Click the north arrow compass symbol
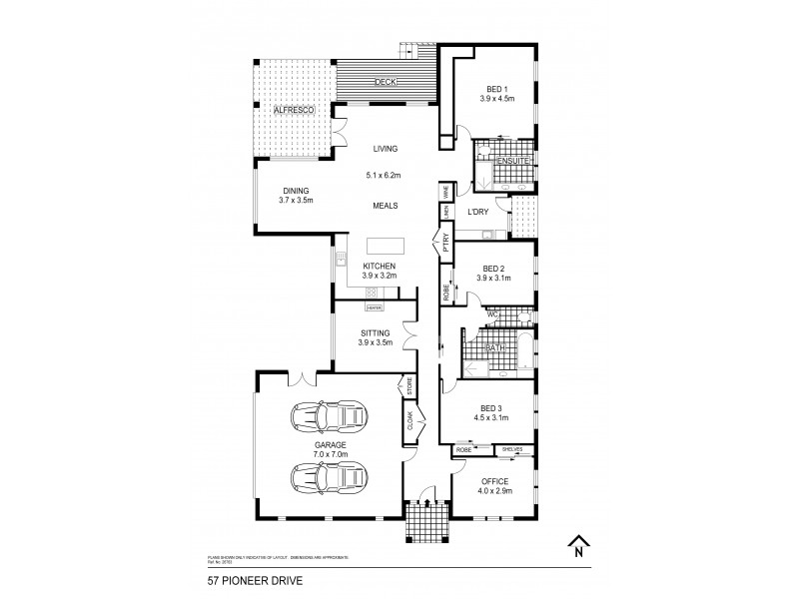click(577, 547)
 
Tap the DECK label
click(386, 82)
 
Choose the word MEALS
click(386, 205)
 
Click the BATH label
click(494, 347)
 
